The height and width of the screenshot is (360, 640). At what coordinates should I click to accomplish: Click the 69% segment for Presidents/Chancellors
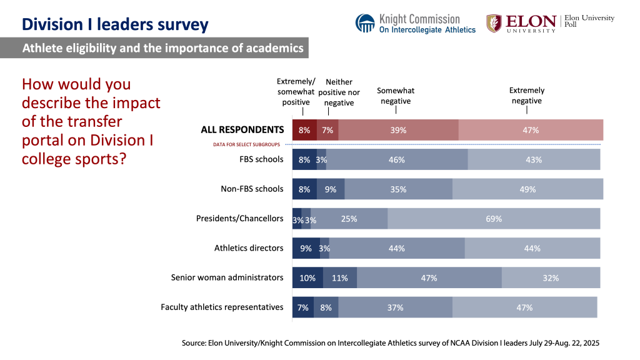click(494, 219)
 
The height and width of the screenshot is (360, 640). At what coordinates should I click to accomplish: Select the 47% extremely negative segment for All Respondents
click(531, 130)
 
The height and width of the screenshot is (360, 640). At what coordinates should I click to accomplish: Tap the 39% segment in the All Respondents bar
click(398, 130)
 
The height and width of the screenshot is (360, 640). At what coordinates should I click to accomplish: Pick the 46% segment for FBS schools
click(397, 159)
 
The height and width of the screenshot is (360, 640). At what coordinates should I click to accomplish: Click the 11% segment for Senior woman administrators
click(339, 277)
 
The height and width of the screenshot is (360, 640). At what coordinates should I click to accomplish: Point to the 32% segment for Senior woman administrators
click(551, 277)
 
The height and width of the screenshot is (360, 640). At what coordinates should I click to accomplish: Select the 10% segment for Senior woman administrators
click(307, 277)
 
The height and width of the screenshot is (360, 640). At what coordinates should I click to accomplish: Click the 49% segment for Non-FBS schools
click(527, 189)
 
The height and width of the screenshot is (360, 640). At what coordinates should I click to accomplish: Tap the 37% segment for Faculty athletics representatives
click(395, 307)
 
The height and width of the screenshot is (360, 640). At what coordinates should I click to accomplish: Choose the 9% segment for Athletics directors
click(306, 248)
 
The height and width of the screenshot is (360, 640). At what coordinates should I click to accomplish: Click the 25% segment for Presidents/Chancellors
click(349, 219)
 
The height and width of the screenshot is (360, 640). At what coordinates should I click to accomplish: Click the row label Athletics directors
click(249, 248)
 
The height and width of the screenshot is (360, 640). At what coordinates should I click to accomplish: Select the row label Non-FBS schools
click(252, 189)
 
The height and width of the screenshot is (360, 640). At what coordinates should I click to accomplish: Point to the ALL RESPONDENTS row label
click(242, 130)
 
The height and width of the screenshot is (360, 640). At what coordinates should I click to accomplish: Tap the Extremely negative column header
click(526, 96)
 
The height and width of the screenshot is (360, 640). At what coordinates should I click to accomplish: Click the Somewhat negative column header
click(396, 96)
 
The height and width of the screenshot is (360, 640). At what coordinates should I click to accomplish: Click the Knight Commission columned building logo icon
click(365, 24)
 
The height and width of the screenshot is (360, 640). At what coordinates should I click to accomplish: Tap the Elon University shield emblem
click(494, 23)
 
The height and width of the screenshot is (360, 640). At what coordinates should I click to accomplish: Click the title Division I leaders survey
click(115, 24)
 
